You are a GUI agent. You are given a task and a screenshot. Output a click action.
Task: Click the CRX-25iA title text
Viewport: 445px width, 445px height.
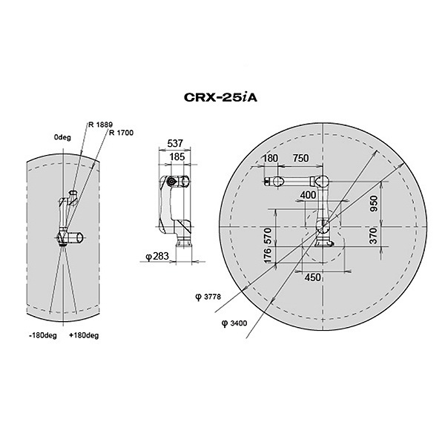coord(220,97)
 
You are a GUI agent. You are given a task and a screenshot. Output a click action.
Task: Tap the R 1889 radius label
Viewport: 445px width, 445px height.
coord(100,125)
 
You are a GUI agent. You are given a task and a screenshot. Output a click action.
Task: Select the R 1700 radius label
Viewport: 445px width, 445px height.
coord(121,133)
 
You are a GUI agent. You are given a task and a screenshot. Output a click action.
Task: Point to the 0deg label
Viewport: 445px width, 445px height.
coord(62,137)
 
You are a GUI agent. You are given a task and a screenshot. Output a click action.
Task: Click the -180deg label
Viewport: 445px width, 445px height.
coord(43,335)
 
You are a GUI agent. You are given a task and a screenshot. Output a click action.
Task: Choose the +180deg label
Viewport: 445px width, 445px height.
coord(84,335)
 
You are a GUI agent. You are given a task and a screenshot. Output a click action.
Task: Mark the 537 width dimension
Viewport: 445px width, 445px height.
coord(175,143)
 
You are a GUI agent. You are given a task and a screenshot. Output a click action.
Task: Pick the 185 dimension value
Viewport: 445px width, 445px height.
coord(177,156)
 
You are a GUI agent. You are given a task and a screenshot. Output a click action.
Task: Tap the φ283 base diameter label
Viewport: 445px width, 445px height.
coord(157,257)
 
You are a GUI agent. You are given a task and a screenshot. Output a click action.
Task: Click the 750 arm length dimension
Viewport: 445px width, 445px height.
coord(300,158)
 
